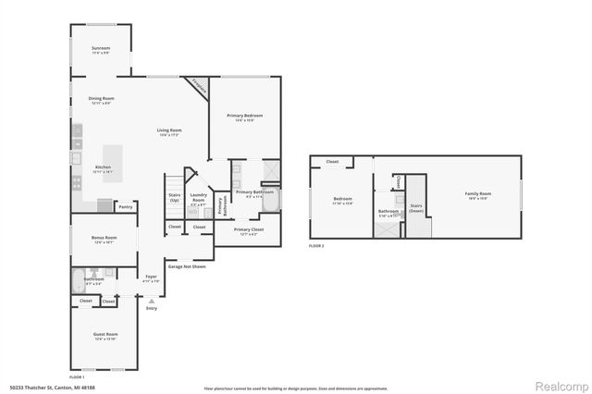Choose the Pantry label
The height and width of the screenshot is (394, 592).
pyautogui.click(x=125, y=207)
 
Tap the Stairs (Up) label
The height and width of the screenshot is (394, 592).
pyautogui.click(x=174, y=197)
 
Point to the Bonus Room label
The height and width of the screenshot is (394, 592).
pyautogui.click(x=103, y=238)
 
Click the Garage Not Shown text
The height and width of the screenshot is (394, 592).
pyautogui.click(x=186, y=265)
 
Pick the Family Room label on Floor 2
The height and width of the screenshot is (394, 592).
pyautogui.click(x=477, y=193)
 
